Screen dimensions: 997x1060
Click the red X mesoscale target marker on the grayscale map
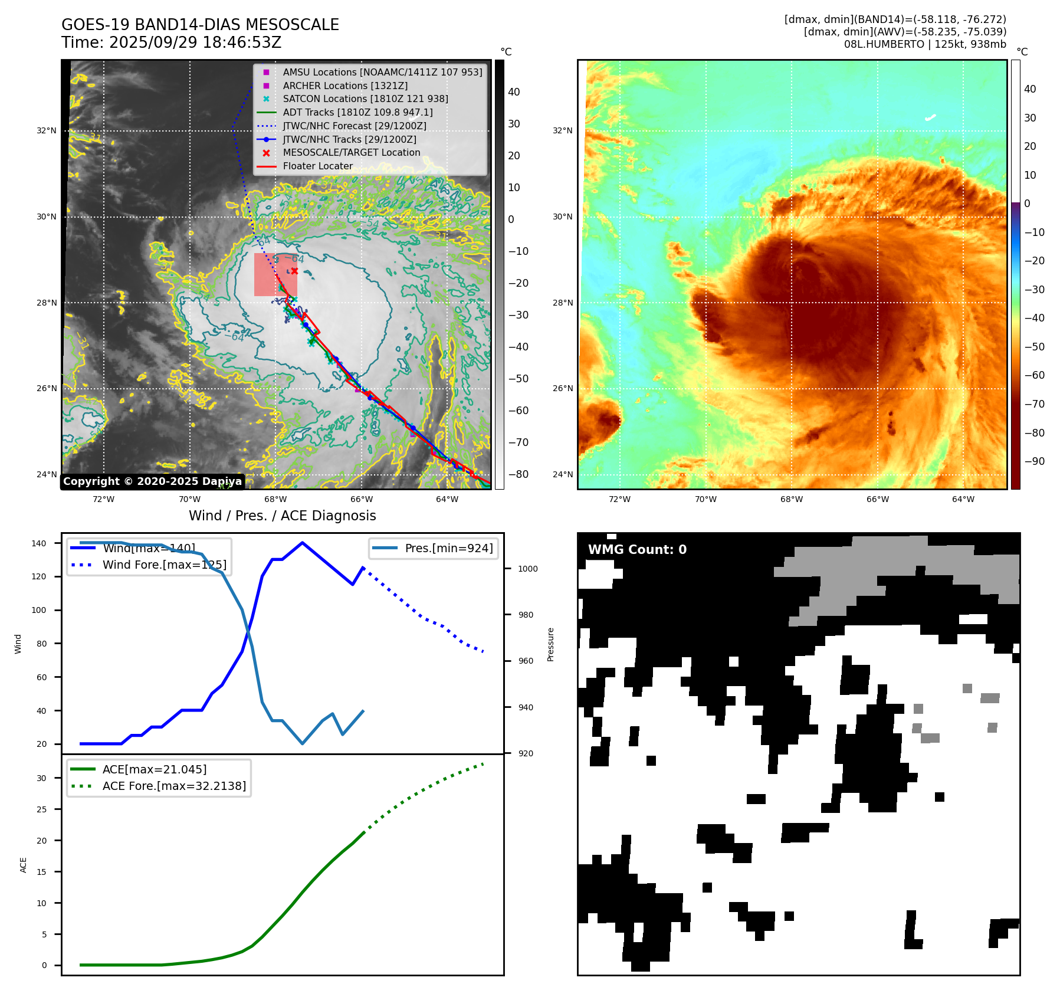[x=294, y=271]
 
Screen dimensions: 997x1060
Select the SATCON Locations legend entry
[x=365, y=99]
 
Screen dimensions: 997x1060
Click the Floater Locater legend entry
[x=317, y=166]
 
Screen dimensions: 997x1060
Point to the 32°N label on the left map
[x=47, y=131]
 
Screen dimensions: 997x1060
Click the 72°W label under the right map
[x=619, y=499]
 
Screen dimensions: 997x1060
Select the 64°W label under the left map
[x=447, y=499]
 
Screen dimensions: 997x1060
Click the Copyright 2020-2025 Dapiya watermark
[x=152, y=481]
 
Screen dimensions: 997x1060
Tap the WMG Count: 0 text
[x=637, y=550]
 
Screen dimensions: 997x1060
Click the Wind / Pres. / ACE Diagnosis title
[x=282, y=516]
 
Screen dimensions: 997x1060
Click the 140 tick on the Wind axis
[x=39, y=543]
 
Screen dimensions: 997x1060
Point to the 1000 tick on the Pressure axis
[x=527, y=569]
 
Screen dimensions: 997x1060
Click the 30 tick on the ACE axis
[x=41, y=778]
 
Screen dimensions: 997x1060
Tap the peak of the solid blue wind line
[x=302, y=543]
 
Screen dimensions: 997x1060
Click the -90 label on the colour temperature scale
[x=1034, y=461]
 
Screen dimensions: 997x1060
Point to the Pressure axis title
[x=551, y=644]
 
